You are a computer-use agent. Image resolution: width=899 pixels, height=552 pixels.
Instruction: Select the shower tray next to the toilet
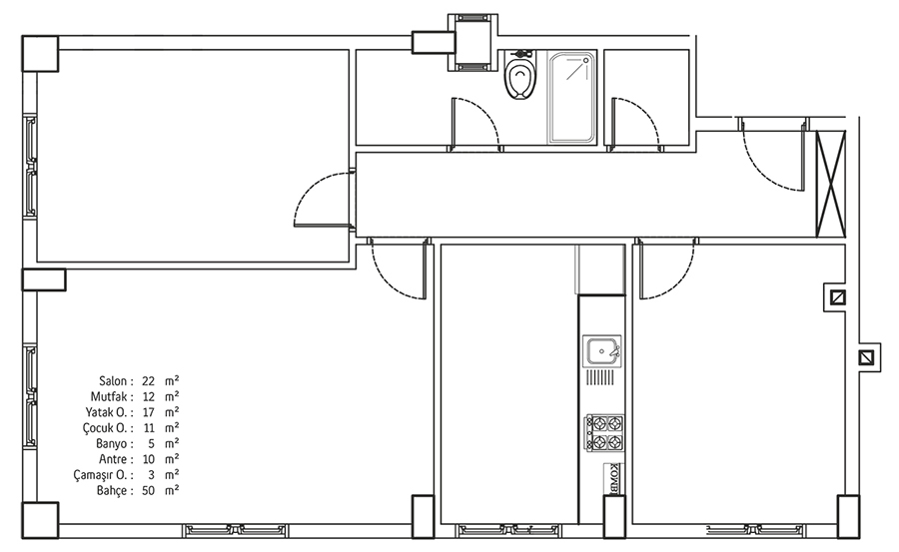571,98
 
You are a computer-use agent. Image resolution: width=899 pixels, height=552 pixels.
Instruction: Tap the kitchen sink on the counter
601,350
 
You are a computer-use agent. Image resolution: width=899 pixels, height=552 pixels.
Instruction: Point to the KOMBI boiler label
612,478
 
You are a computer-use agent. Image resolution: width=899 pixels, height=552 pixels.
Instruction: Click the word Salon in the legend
112,381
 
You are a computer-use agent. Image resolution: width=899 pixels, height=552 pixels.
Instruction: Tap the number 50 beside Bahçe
149,491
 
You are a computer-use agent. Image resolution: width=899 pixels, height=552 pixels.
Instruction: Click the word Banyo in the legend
112,444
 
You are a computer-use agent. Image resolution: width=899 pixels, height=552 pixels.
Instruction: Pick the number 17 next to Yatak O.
149,412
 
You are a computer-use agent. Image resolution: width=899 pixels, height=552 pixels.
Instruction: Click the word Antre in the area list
113,459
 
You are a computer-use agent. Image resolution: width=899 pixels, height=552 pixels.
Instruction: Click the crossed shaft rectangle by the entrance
831,184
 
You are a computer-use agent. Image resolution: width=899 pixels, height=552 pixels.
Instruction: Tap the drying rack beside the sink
600,377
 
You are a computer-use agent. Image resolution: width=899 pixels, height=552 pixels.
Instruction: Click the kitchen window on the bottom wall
508,530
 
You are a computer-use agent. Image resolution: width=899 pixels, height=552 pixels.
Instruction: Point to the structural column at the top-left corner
40,54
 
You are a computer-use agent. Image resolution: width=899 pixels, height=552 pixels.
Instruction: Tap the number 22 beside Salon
149,381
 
